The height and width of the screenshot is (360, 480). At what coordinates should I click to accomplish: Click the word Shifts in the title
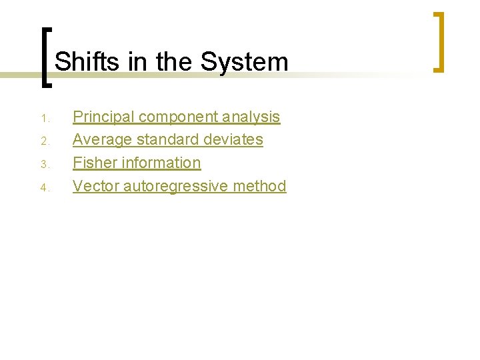point(86,62)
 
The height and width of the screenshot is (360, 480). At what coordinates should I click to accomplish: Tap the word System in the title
point(245,62)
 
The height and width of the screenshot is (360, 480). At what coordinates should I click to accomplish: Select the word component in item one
point(177,117)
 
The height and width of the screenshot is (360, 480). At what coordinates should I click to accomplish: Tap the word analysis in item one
point(251,117)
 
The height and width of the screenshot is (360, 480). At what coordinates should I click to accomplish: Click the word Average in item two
point(101,140)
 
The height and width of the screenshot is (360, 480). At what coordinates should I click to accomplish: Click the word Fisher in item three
point(91,163)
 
